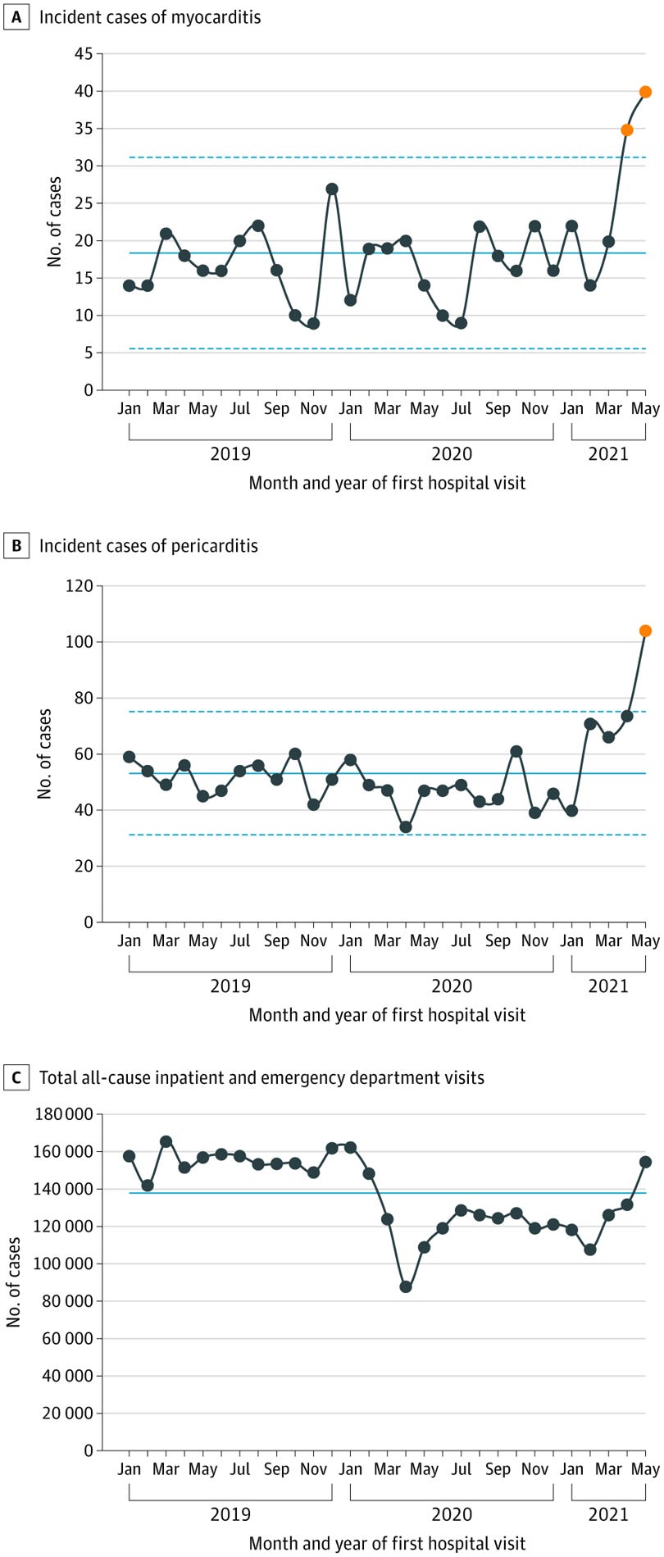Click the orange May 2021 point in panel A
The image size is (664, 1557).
point(645,92)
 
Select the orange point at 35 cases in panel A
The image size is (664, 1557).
point(627,130)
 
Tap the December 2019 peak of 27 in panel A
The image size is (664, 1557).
point(332,189)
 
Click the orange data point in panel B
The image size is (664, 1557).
point(645,631)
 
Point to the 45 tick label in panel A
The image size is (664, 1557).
point(83,54)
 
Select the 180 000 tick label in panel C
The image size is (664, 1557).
point(65,1115)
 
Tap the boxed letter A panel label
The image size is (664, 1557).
point(15,17)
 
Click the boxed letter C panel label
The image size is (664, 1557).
point(15,1078)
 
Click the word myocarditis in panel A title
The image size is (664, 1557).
point(216,17)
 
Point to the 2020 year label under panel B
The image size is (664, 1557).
point(452,986)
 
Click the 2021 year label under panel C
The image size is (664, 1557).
point(608,1514)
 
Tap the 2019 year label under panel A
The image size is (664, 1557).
point(230,453)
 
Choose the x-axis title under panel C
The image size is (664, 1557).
point(387,1544)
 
